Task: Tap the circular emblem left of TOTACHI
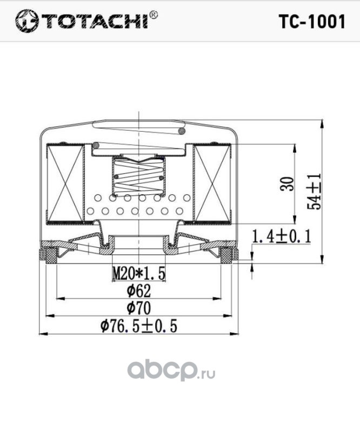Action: (x=24, y=22)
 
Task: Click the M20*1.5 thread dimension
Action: (x=138, y=273)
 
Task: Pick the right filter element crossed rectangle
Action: (x=212, y=184)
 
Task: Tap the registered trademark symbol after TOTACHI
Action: (x=154, y=15)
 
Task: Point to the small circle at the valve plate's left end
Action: (x=96, y=145)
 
